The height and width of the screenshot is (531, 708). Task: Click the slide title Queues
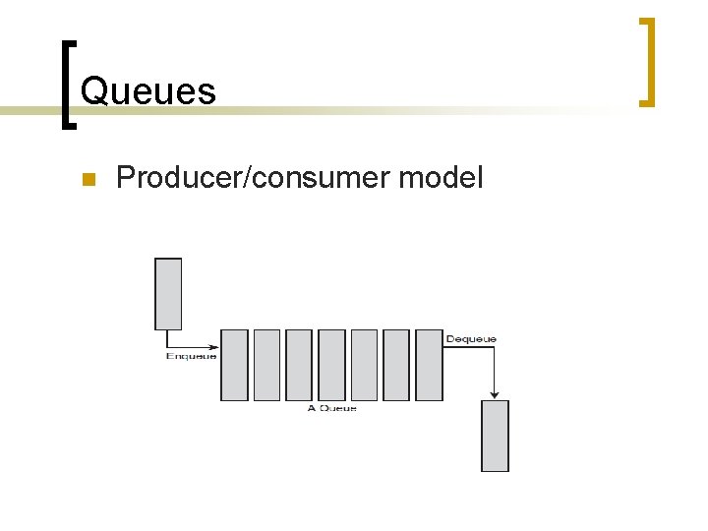coord(147,91)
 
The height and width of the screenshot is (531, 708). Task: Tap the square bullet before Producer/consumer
coord(87,179)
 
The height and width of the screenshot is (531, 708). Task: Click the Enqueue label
coord(191,356)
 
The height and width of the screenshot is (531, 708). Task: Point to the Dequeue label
coord(471,339)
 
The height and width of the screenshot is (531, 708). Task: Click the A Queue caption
coord(331,408)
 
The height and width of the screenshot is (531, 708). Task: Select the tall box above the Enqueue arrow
coord(168,293)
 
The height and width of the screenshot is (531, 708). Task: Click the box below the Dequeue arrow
coord(495,436)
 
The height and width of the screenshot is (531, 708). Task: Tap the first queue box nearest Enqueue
coord(234,365)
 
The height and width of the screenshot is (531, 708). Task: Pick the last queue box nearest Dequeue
coord(429,365)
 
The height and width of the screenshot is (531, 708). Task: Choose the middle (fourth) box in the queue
coord(331,365)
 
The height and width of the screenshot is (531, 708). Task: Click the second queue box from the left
coord(266,365)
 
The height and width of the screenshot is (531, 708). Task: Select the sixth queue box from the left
coord(396,365)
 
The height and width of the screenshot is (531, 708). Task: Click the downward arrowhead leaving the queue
coord(495,394)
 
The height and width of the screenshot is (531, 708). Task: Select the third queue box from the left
coord(299,365)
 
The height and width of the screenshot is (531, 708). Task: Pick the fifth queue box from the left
coord(364,365)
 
